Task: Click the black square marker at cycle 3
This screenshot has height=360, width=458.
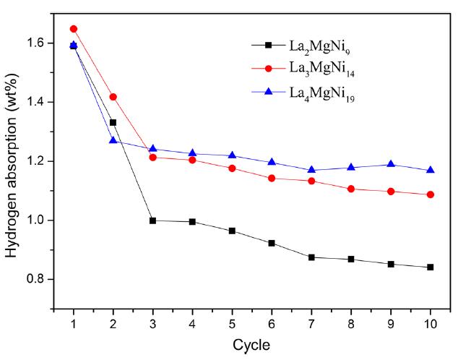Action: point(152,220)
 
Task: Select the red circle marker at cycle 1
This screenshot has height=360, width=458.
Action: point(73,29)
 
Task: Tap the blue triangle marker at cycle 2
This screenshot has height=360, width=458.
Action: point(113,140)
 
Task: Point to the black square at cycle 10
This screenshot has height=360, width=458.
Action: point(431,267)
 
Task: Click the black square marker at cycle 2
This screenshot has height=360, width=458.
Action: point(113,122)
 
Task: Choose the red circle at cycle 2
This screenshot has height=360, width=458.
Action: point(113,97)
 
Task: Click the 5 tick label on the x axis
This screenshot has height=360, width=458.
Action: point(232,324)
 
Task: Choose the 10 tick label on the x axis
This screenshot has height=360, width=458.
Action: point(431,324)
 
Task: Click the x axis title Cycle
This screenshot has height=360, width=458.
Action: point(251,346)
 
